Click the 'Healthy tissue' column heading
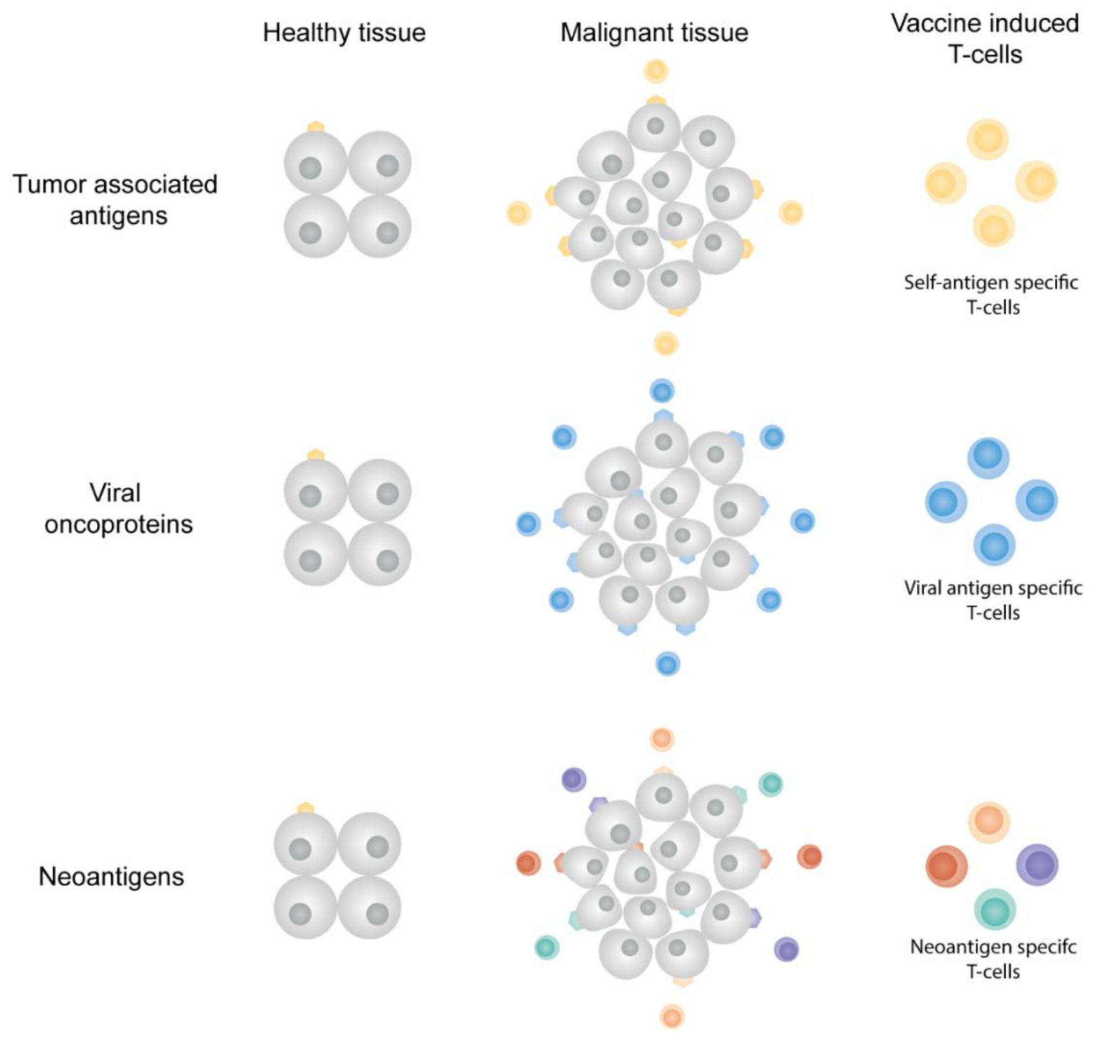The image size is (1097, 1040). pyautogui.click(x=344, y=33)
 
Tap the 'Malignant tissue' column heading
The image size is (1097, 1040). pyautogui.click(x=654, y=33)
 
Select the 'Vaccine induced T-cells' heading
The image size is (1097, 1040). pyautogui.click(x=984, y=39)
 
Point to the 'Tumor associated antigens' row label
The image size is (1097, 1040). pyautogui.click(x=116, y=199)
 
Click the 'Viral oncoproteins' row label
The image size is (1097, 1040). pyautogui.click(x=118, y=508)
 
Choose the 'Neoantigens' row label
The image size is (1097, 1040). pyautogui.click(x=111, y=876)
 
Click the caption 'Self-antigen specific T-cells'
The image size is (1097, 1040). pyautogui.click(x=991, y=295)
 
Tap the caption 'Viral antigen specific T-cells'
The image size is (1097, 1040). pyautogui.click(x=992, y=600)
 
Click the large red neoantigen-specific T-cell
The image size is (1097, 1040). pyautogui.click(x=946, y=866)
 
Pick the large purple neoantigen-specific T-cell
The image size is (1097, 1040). pyautogui.click(x=1037, y=865)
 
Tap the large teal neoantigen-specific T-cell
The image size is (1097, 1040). pyautogui.click(x=994, y=909)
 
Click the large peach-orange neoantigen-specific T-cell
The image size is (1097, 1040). pyautogui.click(x=988, y=822)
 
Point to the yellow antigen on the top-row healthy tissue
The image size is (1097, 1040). pyautogui.click(x=316, y=127)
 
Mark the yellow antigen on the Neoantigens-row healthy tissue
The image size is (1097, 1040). pyautogui.click(x=306, y=808)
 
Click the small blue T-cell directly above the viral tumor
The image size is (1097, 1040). pyautogui.click(x=662, y=391)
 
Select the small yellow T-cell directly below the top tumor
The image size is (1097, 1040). pyautogui.click(x=666, y=344)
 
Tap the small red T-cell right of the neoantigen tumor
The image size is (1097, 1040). pyautogui.click(x=809, y=857)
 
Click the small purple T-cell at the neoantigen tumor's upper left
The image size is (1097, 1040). pyautogui.click(x=573, y=779)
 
